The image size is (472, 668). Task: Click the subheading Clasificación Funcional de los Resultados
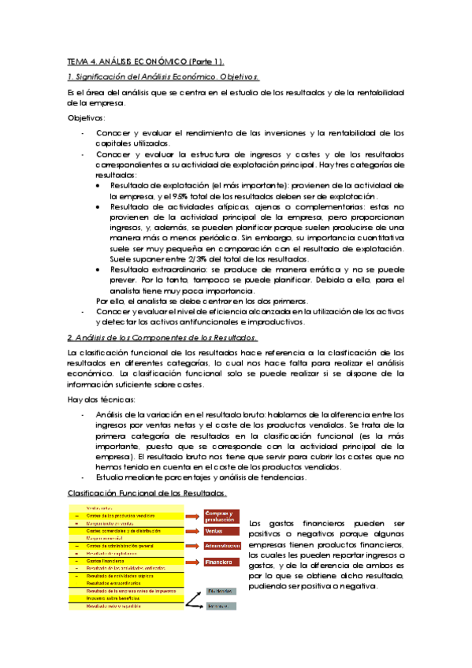click(x=147, y=493)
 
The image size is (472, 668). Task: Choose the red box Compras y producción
click(x=221, y=517)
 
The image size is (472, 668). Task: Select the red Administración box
click(x=221, y=545)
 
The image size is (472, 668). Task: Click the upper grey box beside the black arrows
click(x=221, y=590)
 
